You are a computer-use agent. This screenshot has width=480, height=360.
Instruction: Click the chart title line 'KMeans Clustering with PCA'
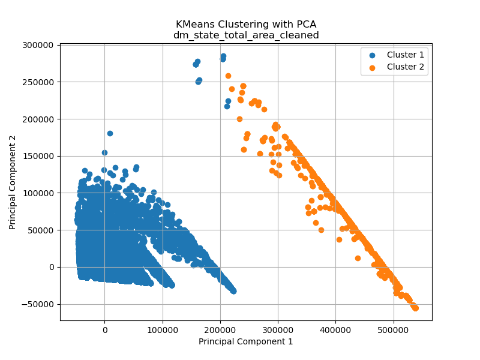tap(246, 25)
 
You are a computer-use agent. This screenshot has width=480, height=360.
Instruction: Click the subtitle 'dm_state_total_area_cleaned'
tap(246, 35)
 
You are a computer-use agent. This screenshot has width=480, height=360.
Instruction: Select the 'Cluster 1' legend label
tap(405, 55)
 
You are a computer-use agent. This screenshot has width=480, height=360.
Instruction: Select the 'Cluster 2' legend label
tap(405, 67)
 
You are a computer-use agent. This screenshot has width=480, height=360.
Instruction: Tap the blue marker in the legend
tap(372, 55)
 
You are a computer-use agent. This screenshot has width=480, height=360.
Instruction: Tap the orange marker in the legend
tap(372, 67)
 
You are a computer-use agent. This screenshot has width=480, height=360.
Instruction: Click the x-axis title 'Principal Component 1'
tap(246, 341)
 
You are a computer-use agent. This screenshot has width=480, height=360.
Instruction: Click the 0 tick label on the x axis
tap(104, 329)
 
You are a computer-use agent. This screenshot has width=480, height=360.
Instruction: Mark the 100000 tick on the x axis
tap(162, 329)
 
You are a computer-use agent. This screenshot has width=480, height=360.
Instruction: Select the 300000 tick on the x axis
tap(278, 329)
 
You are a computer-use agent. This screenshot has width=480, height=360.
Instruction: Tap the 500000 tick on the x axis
tap(394, 329)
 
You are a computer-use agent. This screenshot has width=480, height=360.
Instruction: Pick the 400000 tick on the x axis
tap(335, 329)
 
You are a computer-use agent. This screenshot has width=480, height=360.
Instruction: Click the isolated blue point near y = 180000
tap(110, 133)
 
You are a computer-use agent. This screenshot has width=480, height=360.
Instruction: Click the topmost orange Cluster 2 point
tap(228, 76)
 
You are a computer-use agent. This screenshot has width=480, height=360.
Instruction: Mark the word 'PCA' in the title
tap(304, 25)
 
